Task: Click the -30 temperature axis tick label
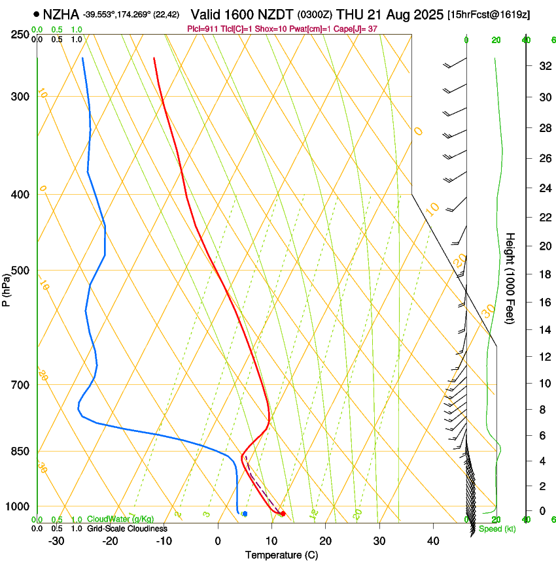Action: [56, 540]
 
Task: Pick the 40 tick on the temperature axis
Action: [433, 540]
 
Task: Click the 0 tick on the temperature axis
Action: [218, 540]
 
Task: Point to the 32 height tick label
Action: [543, 66]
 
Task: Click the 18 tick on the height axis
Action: [543, 274]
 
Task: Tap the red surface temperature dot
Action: [283, 514]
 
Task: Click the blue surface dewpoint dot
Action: [245, 514]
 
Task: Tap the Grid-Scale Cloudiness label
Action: [127, 528]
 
